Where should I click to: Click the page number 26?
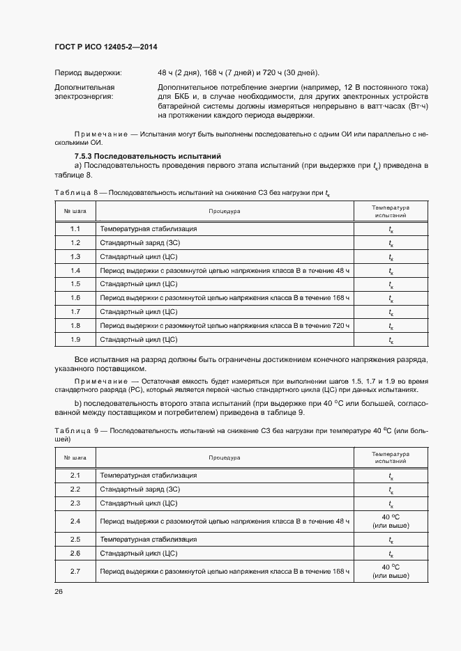click(x=59, y=591)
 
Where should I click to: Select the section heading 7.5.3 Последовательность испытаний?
click(x=148, y=156)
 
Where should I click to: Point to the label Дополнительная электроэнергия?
click(x=84, y=92)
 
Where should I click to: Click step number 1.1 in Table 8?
click(x=75, y=229)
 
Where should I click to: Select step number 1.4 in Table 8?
click(x=75, y=270)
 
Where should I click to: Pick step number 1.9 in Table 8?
click(x=75, y=339)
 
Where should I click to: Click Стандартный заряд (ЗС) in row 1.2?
click(x=139, y=243)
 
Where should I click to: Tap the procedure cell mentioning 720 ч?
click(x=224, y=325)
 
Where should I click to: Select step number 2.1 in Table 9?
click(x=75, y=476)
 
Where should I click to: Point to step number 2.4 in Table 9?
click(x=75, y=521)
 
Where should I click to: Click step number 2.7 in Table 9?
click(x=75, y=571)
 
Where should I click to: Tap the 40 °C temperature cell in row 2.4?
click(x=390, y=521)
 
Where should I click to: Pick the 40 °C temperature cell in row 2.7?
click(x=390, y=571)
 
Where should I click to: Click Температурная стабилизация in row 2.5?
click(x=148, y=540)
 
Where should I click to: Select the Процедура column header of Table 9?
click(x=224, y=457)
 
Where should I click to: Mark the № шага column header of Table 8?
click(x=75, y=210)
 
